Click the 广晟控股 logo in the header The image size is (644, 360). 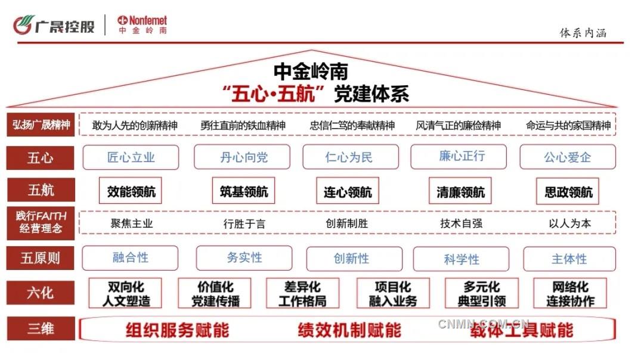click(54, 25)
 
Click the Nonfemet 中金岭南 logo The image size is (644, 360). click(142, 24)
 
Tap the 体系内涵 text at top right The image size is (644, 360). click(583, 33)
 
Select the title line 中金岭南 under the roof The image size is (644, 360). click(311, 71)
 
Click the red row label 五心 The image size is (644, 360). click(41, 158)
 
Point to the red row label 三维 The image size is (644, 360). click(41, 328)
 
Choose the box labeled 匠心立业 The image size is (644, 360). click(131, 157)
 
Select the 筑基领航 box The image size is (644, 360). click(240, 191)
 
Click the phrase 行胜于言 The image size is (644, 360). click(244, 224)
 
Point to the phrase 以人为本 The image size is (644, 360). click(569, 224)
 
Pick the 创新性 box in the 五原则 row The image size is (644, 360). click(351, 259)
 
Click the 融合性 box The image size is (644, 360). click(130, 257)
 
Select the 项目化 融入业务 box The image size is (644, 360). click(392, 294)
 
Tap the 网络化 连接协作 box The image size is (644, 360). click(570, 294)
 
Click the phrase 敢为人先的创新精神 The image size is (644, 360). click(135, 126)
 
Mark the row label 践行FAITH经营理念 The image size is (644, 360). click(41, 222)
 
